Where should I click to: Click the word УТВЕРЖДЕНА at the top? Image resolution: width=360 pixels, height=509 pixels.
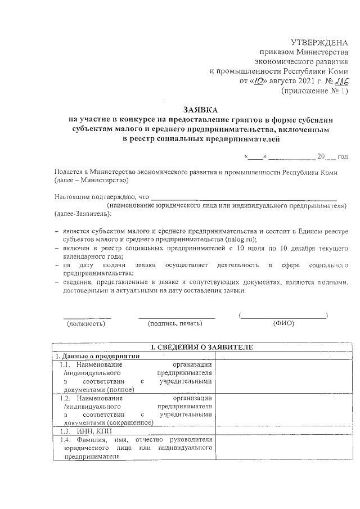point(319,43)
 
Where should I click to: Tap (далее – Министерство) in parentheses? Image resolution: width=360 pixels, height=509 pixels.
point(92,181)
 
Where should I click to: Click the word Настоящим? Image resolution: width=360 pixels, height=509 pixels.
point(73,197)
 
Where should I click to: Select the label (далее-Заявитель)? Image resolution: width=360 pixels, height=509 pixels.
point(83,214)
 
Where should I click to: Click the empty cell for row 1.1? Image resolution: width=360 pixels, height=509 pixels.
point(281,376)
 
